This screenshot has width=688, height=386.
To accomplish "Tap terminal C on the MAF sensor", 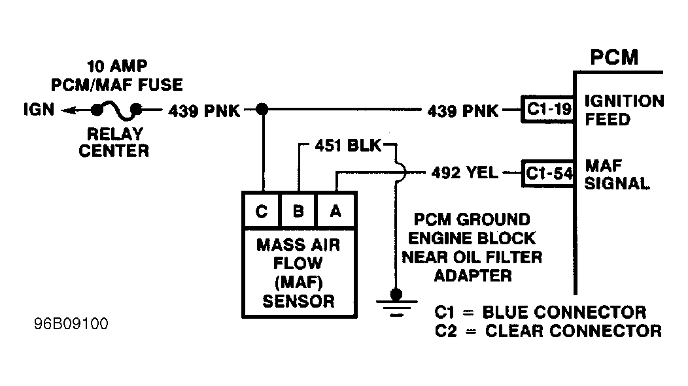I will [262, 210].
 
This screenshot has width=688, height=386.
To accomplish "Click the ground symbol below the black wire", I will [394, 303].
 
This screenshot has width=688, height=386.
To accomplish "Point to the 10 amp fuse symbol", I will [118, 109].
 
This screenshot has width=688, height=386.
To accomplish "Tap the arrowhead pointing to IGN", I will [67, 110].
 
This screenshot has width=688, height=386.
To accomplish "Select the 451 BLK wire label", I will [347, 145].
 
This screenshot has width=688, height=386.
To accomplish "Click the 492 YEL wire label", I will [464, 174].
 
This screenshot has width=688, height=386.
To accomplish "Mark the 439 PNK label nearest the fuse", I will [204, 110].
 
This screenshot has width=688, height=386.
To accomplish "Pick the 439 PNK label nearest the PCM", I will [462, 110].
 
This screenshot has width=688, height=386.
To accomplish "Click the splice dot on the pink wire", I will [262, 110].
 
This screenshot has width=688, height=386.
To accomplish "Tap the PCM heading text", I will [613, 57].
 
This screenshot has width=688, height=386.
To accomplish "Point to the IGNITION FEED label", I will [623, 110].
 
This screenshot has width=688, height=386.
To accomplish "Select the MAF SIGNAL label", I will [616, 174].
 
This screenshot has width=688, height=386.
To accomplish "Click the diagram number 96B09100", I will [73, 324].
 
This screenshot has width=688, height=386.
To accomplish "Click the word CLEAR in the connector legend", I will [519, 331].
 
